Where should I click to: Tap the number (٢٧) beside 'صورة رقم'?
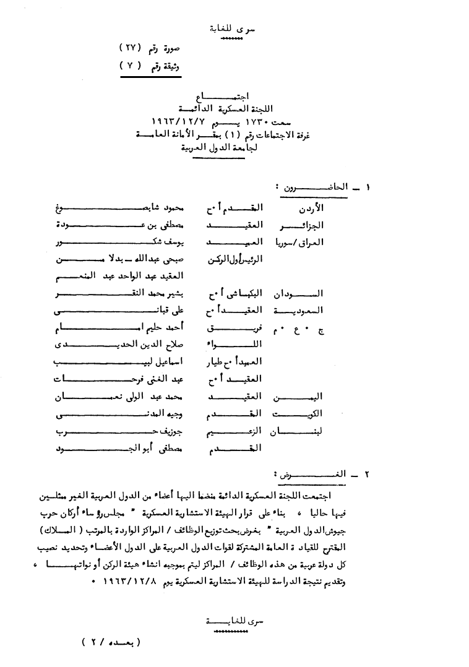pyautogui.click(x=131, y=48)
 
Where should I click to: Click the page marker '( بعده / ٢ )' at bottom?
pyautogui.click(x=111, y=642)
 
